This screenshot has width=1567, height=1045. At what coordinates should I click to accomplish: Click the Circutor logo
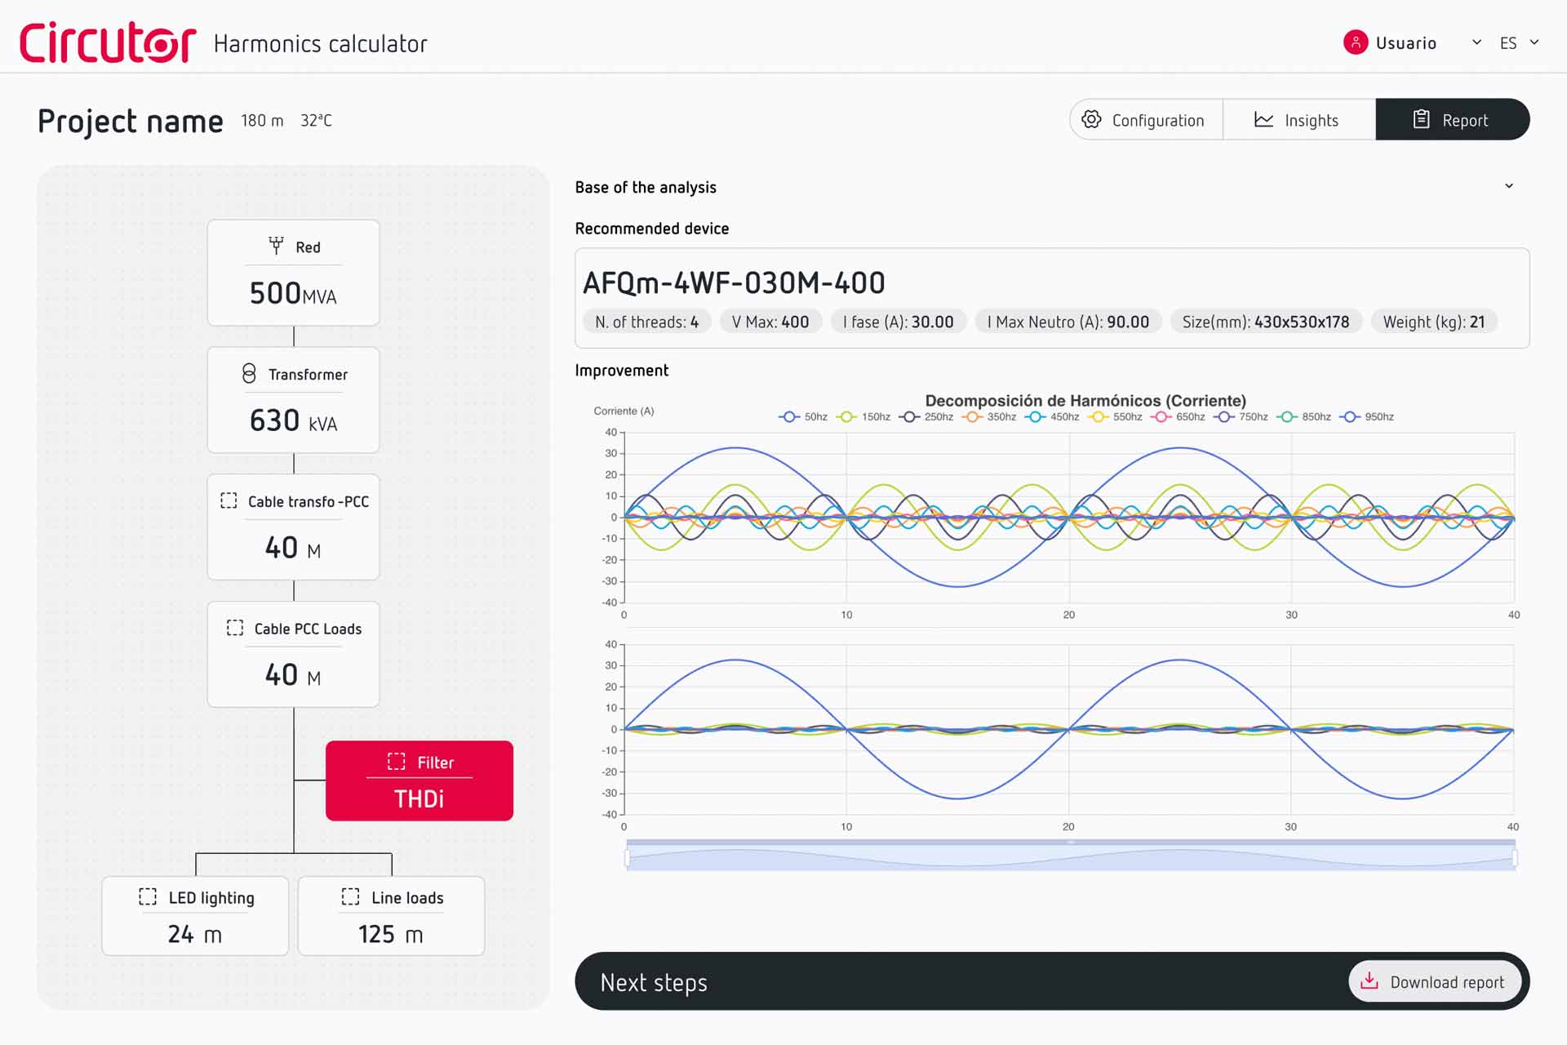(108, 42)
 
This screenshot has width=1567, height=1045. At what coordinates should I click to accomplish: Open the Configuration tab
(1146, 120)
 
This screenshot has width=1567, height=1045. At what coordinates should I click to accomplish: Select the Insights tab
(1298, 120)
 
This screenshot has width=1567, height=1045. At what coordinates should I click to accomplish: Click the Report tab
(1452, 120)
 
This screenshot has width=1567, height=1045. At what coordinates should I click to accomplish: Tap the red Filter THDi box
(419, 780)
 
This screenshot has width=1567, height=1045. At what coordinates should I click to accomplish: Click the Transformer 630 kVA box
(293, 399)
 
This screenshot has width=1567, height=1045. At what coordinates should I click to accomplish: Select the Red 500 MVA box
(293, 273)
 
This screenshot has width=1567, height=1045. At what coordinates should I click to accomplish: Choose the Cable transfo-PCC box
(293, 527)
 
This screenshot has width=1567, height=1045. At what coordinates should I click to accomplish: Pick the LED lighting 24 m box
(195, 915)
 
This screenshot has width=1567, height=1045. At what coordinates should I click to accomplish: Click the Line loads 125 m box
(391, 915)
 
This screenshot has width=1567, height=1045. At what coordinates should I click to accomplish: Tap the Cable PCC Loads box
(293, 654)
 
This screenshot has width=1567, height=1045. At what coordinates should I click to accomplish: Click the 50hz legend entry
(804, 416)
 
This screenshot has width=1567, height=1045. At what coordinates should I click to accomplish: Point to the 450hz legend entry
(1054, 416)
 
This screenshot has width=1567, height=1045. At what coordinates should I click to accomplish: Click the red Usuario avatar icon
(1355, 42)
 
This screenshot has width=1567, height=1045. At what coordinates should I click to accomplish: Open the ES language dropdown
(1518, 42)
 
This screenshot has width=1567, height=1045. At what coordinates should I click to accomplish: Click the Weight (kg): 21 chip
(1433, 322)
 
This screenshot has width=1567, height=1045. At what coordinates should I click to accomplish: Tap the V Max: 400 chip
(770, 322)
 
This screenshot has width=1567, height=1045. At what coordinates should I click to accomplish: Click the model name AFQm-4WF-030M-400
(734, 283)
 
